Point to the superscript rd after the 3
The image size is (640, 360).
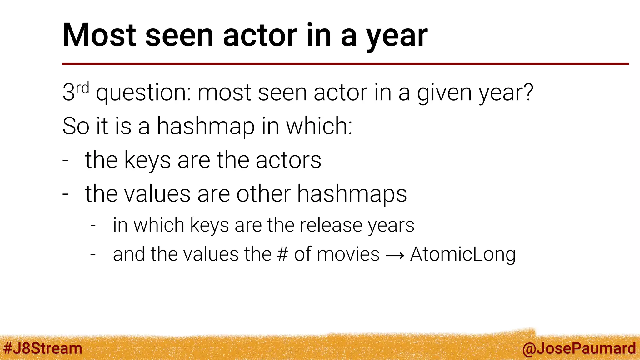click(x=82, y=88)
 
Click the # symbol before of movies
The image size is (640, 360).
click(x=282, y=254)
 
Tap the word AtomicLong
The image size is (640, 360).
click(x=463, y=254)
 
